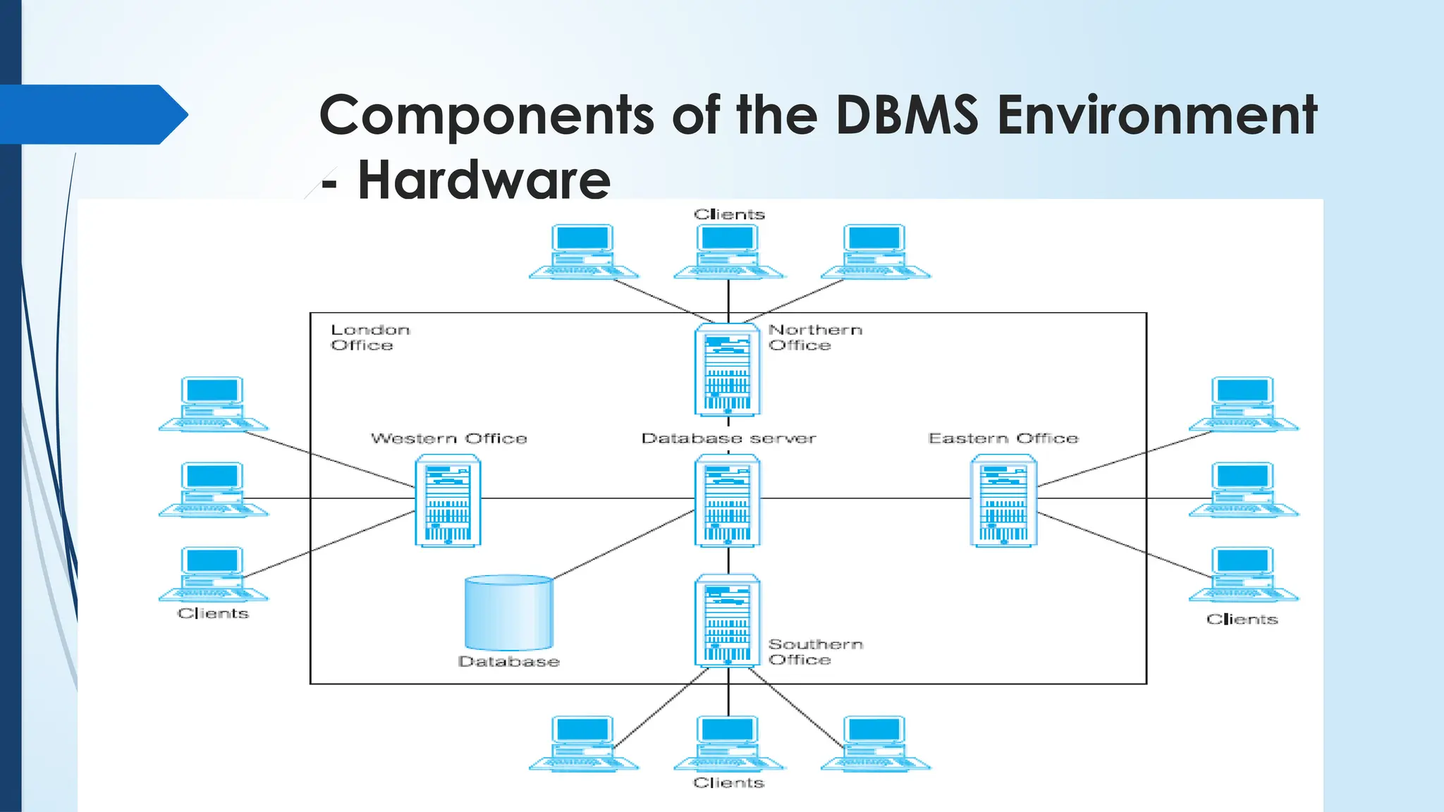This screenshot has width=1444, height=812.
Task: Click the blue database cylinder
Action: pyautogui.click(x=508, y=612)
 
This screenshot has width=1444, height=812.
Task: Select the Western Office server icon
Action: pyautogui.click(x=448, y=500)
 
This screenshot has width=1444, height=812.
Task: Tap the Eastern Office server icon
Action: pyautogui.click(x=1003, y=500)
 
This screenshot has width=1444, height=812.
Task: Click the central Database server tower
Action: pyautogui.click(x=727, y=500)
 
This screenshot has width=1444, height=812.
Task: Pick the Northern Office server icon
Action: pyautogui.click(x=727, y=369)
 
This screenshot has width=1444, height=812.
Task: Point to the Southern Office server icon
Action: pyautogui.click(x=727, y=620)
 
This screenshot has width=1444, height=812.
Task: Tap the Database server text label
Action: pyautogui.click(x=728, y=438)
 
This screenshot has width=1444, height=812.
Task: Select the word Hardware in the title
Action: pyautogui.click(x=484, y=180)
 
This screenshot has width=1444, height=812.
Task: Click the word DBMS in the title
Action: pyautogui.click(x=907, y=115)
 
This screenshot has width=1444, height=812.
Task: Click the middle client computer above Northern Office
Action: pyautogui.click(x=728, y=252)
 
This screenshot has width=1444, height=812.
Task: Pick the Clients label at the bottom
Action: pyautogui.click(x=728, y=782)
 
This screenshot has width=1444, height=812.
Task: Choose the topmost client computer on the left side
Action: pyautogui.click(x=213, y=403)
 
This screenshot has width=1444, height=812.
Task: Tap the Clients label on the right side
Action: pyautogui.click(x=1242, y=619)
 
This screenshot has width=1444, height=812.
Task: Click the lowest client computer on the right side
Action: pyautogui.click(x=1243, y=574)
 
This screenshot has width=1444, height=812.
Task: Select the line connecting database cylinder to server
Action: pyautogui.click(x=623, y=543)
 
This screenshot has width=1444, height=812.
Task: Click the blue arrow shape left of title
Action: pyautogui.click(x=92, y=114)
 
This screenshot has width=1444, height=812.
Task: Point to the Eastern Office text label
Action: pyautogui.click(x=1003, y=438)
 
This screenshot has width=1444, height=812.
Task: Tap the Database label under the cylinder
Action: pyautogui.click(x=508, y=661)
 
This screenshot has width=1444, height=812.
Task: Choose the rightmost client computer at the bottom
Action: pyautogui.click(x=875, y=743)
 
